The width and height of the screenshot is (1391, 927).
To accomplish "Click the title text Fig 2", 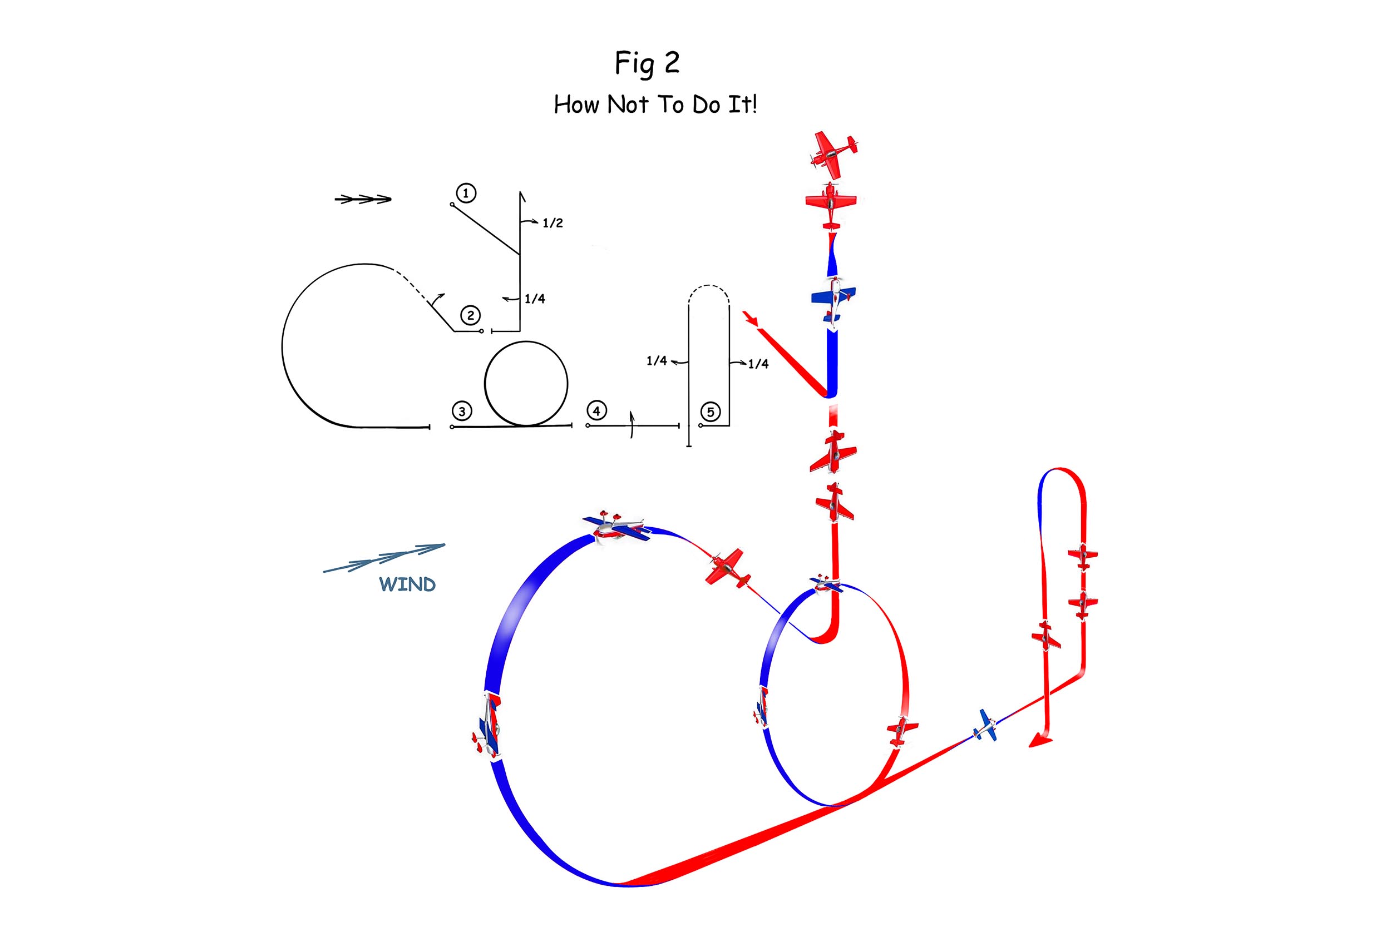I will pyautogui.click(x=647, y=64).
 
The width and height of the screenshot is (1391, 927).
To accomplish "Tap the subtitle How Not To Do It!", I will pyautogui.click(x=655, y=105).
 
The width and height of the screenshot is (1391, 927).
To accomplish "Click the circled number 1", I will pyautogui.click(x=466, y=194).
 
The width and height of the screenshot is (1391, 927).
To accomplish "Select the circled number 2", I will pyautogui.click(x=470, y=315).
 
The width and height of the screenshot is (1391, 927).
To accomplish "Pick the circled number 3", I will pyautogui.click(x=461, y=411).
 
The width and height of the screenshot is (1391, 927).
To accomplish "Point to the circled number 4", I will pyautogui.click(x=596, y=410).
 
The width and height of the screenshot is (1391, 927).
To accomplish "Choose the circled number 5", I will pyautogui.click(x=711, y=412).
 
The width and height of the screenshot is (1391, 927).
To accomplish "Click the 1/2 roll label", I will pyautogui.click(x=553, y=224).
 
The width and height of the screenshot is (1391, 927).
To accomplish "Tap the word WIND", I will pyautogui.click(x=407, y=584).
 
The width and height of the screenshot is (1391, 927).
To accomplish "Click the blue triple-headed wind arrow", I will pyautogui.click(x=384, y=558).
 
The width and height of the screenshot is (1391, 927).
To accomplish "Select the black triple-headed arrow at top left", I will pyautogui.click(x=363, y=199).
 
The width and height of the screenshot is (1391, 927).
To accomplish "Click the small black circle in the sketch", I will pyautogui.click(x=526, y=384).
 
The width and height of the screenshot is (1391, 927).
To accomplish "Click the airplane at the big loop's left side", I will pyautogui.click(x=488, y=725).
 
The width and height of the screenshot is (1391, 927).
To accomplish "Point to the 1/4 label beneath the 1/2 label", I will pyautogui.click(x=535, y=299).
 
